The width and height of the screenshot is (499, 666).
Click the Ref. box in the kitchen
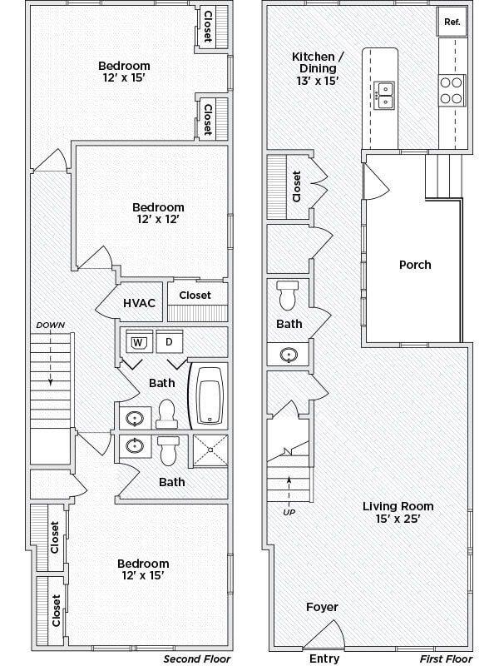(x=452, y=22)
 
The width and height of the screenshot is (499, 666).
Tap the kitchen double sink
(x=384, y=91)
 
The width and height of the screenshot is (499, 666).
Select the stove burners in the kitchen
(x=451, y=90)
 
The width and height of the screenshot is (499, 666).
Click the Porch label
(x=415, y=265)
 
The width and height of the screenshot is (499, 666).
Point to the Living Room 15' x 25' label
(x=398, y=512)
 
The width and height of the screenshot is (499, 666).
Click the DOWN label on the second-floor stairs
(x=50, y=325)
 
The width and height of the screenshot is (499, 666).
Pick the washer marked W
(x=138, y=342)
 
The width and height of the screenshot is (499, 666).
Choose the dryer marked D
(x=169, y=342)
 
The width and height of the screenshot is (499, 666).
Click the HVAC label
(x=140, y=303)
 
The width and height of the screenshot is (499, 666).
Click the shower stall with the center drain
(x=210, y=450)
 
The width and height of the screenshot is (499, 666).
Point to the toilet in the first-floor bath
(x=289, y=296)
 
